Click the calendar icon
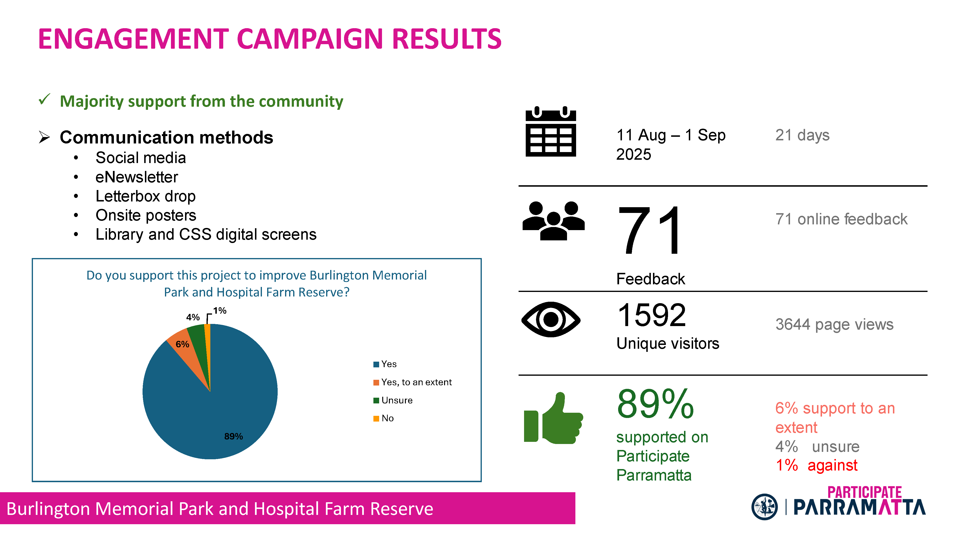pos(551,131)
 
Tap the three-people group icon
pos(553,221)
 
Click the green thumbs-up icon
pos(553,418)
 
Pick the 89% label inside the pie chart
pos(233,436)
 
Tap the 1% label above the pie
pos(220,311)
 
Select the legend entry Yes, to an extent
pos(412,382)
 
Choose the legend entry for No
pos(383,418)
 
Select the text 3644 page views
pos(834,325)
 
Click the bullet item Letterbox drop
pos(145,196)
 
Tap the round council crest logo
pos(764,507)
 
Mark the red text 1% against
pos(817,465)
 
